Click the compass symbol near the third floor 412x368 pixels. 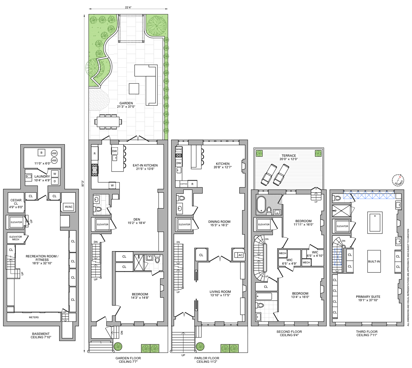click(x=398, y=180)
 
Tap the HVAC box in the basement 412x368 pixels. click(x=69, y=207)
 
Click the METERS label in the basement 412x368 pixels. click(x=34, y=317)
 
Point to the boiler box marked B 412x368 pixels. click(x=41, y=153)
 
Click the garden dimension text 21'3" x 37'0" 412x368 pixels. click(x=126, y=107)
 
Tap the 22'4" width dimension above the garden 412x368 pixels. click(x=128, y=7)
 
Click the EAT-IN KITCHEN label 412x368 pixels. click(x=145, y=165)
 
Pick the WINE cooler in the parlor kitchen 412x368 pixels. click(x=179, y=149)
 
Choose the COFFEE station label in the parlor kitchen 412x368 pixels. click(x=184, y=184)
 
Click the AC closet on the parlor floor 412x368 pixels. click(x=240, y=255)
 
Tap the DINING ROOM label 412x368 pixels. click(x=219, y=222)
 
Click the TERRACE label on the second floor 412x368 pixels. click(x=289, y=155)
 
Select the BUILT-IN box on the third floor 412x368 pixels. click(x=374, y=261)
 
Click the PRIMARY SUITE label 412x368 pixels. click(x=368, y=297)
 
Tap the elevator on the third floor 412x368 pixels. click(x=342, y=226)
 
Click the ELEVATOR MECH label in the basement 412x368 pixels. click(x=16, y=238)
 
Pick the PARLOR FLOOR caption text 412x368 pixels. click(x=207, y=358)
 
